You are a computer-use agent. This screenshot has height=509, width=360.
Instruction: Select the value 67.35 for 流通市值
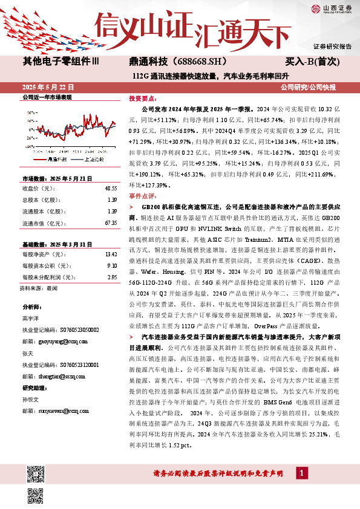pos(110,223)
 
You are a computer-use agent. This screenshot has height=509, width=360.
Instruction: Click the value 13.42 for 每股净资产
pos(110,255)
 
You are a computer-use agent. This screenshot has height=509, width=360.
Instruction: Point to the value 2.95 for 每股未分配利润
pos(111,277)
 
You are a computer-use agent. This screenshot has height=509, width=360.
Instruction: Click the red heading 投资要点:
pos(142,97)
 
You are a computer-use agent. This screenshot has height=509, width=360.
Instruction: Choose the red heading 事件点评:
pos(142,197)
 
